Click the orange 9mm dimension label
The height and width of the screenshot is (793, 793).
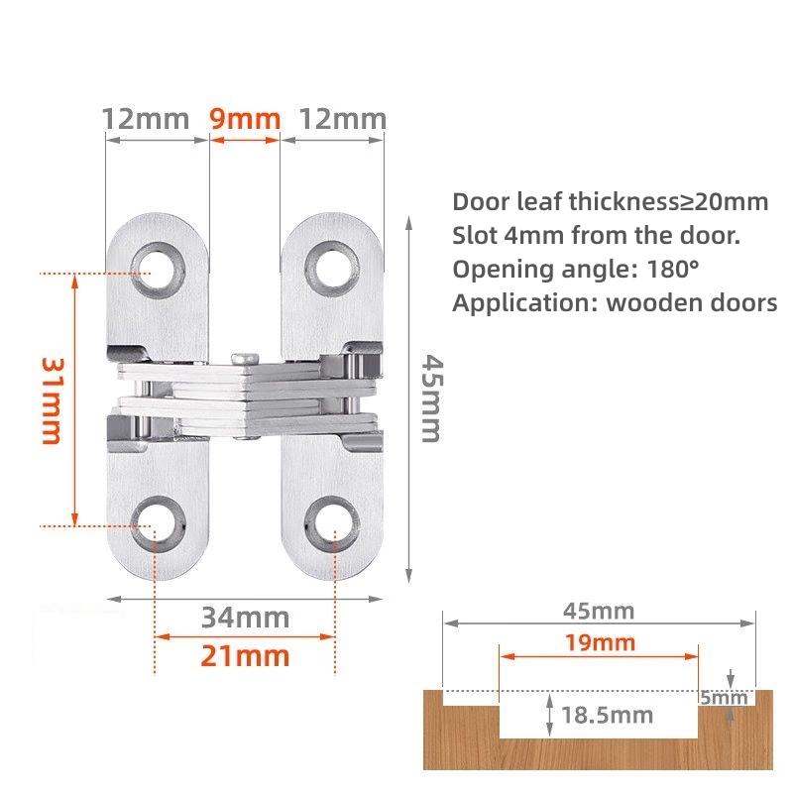click(x=245, y=120)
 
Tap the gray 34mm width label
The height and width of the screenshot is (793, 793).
click(x=245, y=618)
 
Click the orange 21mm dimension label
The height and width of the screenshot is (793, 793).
click(x=245, y=655)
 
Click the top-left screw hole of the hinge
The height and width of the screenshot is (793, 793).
click(x=157, y=268)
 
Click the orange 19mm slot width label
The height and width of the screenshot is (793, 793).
click(x=598, y=641)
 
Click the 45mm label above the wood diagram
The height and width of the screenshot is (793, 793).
click(x=598, y=611)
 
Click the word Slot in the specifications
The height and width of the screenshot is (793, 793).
click(x=474, y=236)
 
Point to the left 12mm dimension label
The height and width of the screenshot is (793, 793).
click(x=145, y=120)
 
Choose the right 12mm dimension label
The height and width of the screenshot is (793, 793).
click(x=343, y=120)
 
